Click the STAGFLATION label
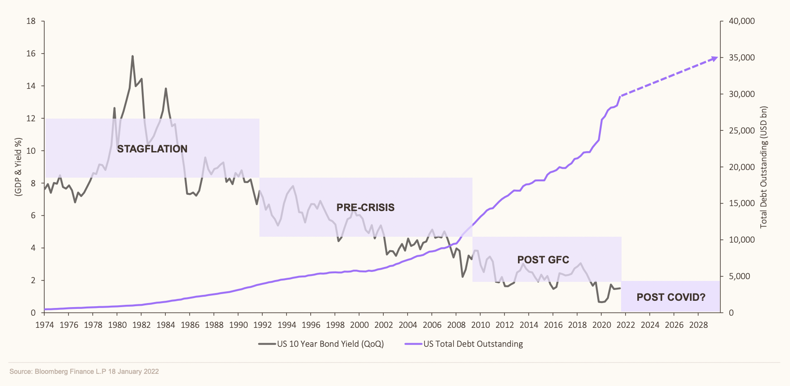tap(152, 149)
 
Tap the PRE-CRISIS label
tap(365, 207)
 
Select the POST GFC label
tap(543, 260)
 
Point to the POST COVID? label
tap(671, 297)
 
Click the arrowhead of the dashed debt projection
tap(715, 58)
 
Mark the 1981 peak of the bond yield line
tap(132, 56)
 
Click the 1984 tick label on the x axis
tap(166, 325)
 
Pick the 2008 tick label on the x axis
tap(456, 325)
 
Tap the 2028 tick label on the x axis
tap(699, 325)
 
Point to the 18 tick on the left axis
tap(31, 21)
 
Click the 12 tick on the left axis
tap(31, 119)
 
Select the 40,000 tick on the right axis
tap(741, 21)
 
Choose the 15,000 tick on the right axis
tap(741, 203)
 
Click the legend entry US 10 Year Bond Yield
tap(330, 344)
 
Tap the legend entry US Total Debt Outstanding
tap(473, 344)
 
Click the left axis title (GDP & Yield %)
tap(18, 167)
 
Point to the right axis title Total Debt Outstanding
tap(763, 167)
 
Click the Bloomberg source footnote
tap(84, 372)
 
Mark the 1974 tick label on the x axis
tap(45, 325)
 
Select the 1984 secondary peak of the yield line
tap(166, 88)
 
